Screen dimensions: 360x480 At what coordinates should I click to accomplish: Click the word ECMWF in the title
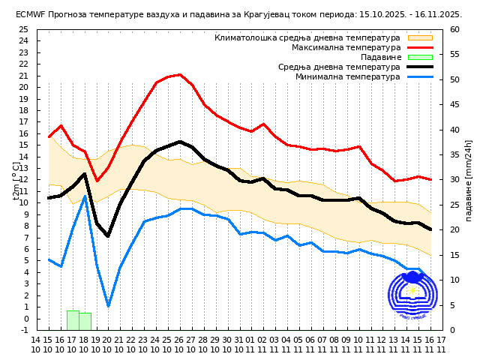pyautogui.click(x=32, y=14)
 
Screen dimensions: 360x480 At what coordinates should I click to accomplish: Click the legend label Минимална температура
pyautogui.click(x=347, y=76)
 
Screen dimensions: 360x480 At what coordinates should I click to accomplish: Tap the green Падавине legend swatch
pyautogui.click(x=420, y=57)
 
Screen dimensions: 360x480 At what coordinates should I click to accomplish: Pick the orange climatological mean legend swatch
pyautogui.click(x=420, y=37)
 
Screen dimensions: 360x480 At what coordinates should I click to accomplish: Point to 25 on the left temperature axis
pyautogui.click(x=23, y=29)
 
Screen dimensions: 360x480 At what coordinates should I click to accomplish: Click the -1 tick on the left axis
pyautogui.click(x=25, y=330)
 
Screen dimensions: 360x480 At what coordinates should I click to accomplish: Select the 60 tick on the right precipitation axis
pyautogui.click(x=454, y=29)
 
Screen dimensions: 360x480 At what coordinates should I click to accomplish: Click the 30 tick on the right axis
pyautogui.click(x=454, y=180)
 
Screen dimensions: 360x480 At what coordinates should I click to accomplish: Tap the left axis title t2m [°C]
pyautogui.click(x=16, y=180)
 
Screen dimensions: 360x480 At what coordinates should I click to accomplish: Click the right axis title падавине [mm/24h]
pyautogui.click(x=469, y=180)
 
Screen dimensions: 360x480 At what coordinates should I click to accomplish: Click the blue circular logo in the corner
pyautogui.click(x=412, y=295)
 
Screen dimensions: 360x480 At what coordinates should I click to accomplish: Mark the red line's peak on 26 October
pyautogui.click(x=180, y=74)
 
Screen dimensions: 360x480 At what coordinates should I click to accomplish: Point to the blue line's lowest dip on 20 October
pyautogui.click(x=109, y=306)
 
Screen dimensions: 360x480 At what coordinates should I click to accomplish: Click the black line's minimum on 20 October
pyautogui.click(x=109, y=236)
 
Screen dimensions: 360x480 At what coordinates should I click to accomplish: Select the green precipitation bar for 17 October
pyautogui.click(x=73, y=320)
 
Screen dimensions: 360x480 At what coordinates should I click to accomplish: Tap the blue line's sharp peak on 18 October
pyautogui.click(x=85, y=196)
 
